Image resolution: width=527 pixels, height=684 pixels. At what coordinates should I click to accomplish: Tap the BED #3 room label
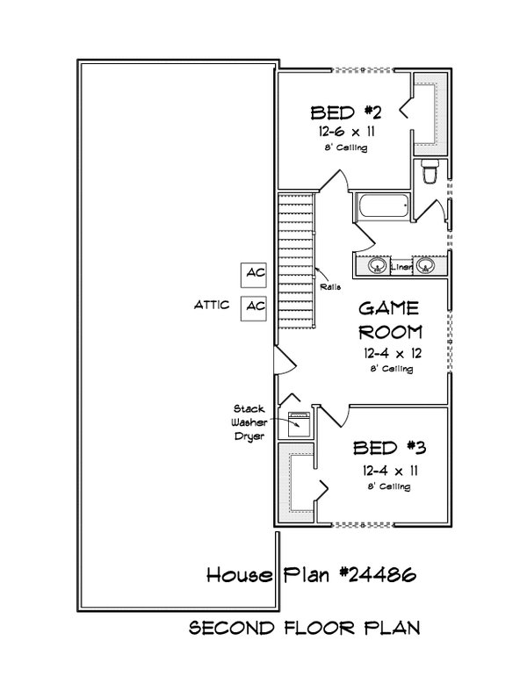[x=389, y=449]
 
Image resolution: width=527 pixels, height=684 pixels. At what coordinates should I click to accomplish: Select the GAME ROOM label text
[x=390, y=320]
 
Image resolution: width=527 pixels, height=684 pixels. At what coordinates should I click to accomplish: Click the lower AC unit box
[x=255, y=306]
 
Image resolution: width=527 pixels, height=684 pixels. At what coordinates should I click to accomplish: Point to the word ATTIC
[x=212, y=306]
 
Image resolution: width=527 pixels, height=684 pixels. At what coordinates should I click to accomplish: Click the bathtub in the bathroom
[x=382, y=207]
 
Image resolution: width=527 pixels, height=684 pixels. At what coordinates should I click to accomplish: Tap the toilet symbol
[x=430, y=174]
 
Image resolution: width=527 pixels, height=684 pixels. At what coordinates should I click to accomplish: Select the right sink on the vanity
[x=425, y=264]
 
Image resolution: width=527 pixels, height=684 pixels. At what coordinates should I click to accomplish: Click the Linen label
[x=402, y=264]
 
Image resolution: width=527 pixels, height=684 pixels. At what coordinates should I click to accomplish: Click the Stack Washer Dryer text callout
[x=249, y=421]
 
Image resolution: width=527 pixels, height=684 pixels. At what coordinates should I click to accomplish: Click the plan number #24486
[x=372, y=575]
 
